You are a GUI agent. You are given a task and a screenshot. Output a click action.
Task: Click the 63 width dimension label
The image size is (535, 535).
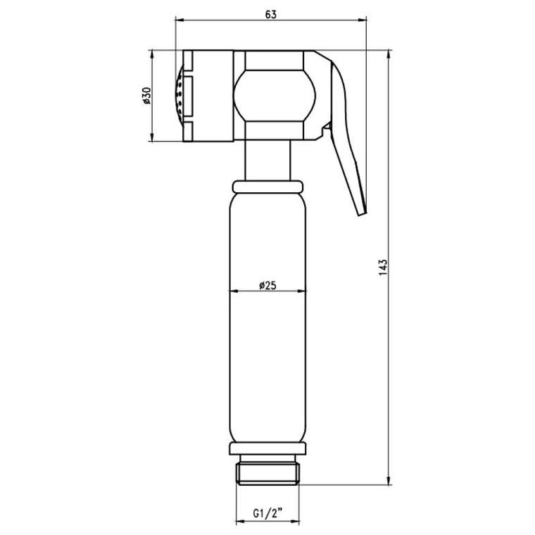270,15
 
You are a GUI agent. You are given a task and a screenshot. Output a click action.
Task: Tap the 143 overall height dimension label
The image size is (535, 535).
384,267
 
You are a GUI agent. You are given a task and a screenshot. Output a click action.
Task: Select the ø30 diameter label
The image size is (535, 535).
146,96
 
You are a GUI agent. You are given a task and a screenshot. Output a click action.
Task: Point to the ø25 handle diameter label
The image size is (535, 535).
267,285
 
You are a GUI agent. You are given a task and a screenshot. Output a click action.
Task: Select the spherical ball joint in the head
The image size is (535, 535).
275,96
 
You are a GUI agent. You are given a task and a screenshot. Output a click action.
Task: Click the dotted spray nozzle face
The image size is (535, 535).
179,96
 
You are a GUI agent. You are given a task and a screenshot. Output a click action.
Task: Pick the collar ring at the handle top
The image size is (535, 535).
267,187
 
